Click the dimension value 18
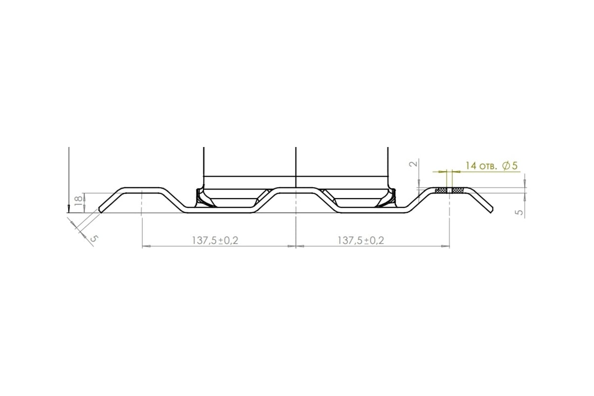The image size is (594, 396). pyautogui.click(x=79, y=201)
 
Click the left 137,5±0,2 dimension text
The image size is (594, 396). pyautogui.click(x=215, y=241)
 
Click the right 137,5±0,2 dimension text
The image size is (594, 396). pyautogui.click(x=361, y=241)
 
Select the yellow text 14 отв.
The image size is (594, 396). pyautogui.click(x=481, y=166)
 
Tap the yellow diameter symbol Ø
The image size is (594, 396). pyautogui.click(x=506, y=166)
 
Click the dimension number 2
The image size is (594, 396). pyautogui.click(x=413, y=164)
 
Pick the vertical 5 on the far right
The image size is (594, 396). pyautogui.click(x=520, y=212)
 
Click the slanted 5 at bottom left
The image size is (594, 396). pyautogui.click(x=94, y=238)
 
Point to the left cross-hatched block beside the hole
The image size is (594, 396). pyautogui.click(x=441, y=190)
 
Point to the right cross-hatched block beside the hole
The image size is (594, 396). pyautogui.click(x=458, y=190)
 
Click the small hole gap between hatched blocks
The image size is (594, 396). pyautogui.click(x=449, y=190)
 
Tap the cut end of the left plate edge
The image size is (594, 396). pyautogui.click(x=100, y=210)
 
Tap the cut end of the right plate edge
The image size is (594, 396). pyautogui.click(x=492, y=210)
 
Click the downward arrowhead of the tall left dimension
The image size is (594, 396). pyautogui.click(x=69, y=209)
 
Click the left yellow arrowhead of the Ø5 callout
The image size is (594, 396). pyautogui.click(x=443, y=172)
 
